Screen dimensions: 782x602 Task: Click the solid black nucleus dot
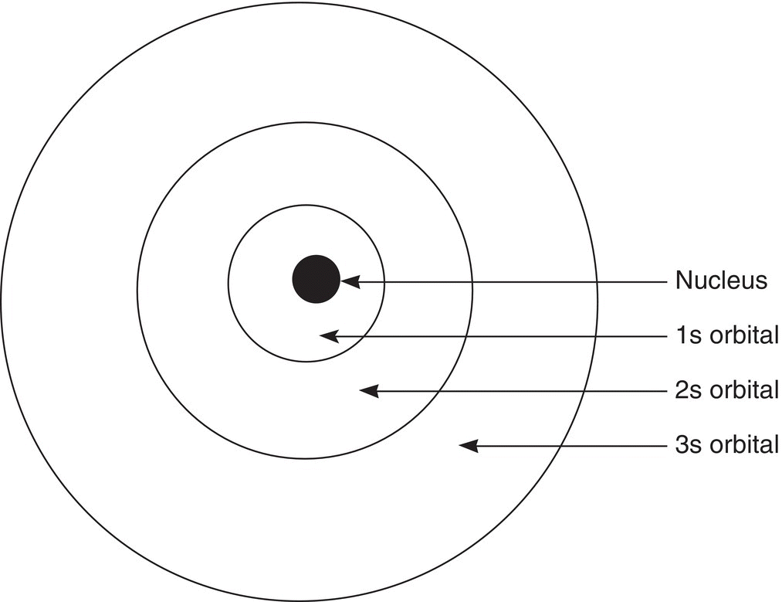pos(317,279)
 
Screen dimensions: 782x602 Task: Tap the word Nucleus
pos(721,281)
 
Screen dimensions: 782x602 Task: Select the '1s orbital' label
pos(727,335)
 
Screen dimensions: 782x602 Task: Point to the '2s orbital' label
pos(727,390)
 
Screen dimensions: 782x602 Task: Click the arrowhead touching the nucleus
pos(350,281)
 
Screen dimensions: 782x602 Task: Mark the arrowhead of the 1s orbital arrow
pos(329,336)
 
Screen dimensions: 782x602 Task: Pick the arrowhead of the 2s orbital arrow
pos(369,391)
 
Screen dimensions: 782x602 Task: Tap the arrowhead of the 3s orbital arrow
pos(469,446)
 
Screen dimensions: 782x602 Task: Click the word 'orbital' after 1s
pos(745,335)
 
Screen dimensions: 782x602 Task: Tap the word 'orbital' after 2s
pos(745,390)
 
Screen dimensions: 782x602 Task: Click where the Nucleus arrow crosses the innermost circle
pos(384,281)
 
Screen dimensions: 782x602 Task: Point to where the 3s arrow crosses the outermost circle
pos(560,446)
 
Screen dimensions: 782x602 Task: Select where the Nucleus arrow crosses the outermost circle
pos(597,281)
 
